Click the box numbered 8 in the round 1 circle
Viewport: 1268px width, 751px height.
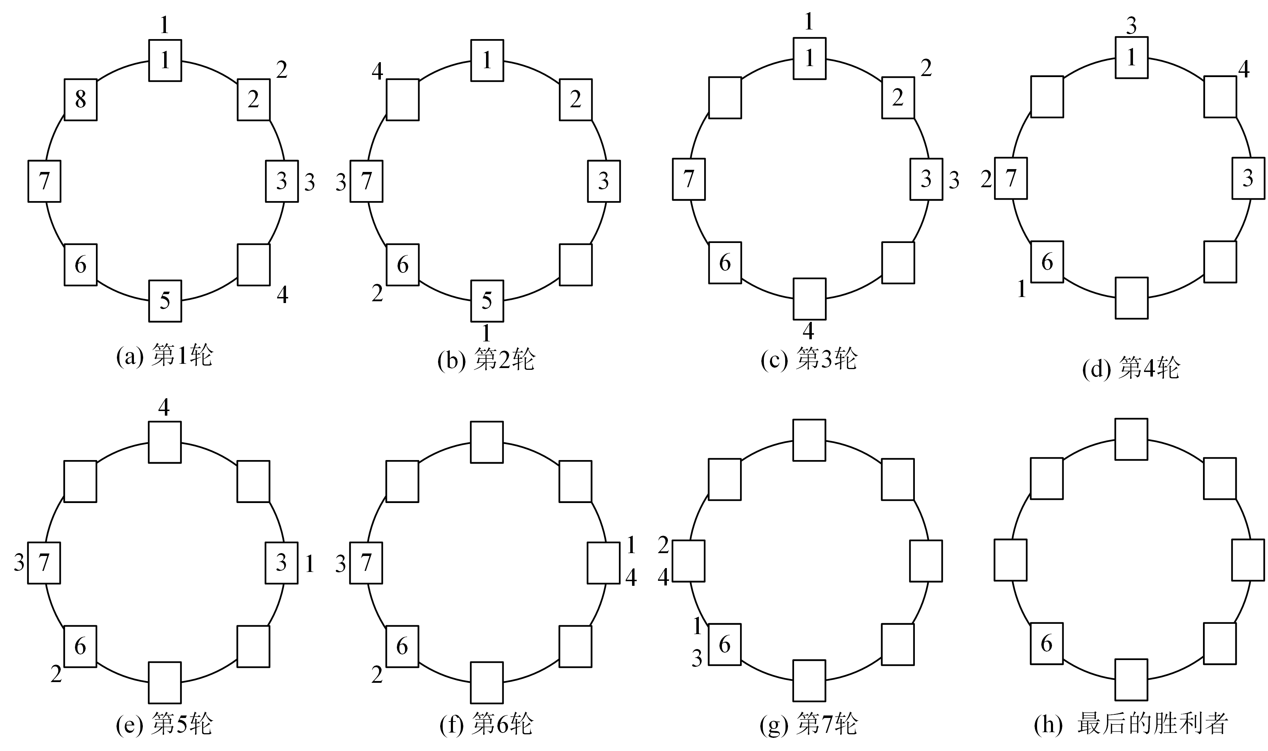tap(80, 100)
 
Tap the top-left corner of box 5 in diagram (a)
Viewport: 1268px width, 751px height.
tap(149, 280)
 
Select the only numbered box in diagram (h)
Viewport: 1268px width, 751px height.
tap(1047, 643)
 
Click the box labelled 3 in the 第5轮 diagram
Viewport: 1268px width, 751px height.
tap(282, 563)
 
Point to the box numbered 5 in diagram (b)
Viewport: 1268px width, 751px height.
tap(487, 301)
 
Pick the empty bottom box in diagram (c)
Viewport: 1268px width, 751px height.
tap(810, 298)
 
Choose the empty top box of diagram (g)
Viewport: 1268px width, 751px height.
tap(809, 440)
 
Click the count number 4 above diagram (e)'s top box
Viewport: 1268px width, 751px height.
tap(164, 407)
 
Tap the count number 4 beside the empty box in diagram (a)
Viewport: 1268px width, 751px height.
tap(282, 295)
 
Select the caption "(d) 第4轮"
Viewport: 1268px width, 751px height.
tap(1131, 368)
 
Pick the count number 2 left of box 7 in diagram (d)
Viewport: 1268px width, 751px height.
tap(986, 179)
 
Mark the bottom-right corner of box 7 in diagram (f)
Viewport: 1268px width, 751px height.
tap(382, 583)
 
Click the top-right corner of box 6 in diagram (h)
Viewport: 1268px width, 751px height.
tap(1063, 623)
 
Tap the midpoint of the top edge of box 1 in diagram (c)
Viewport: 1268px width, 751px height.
tap(810, 38)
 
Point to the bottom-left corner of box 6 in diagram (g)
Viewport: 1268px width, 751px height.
tap(709, 664)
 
